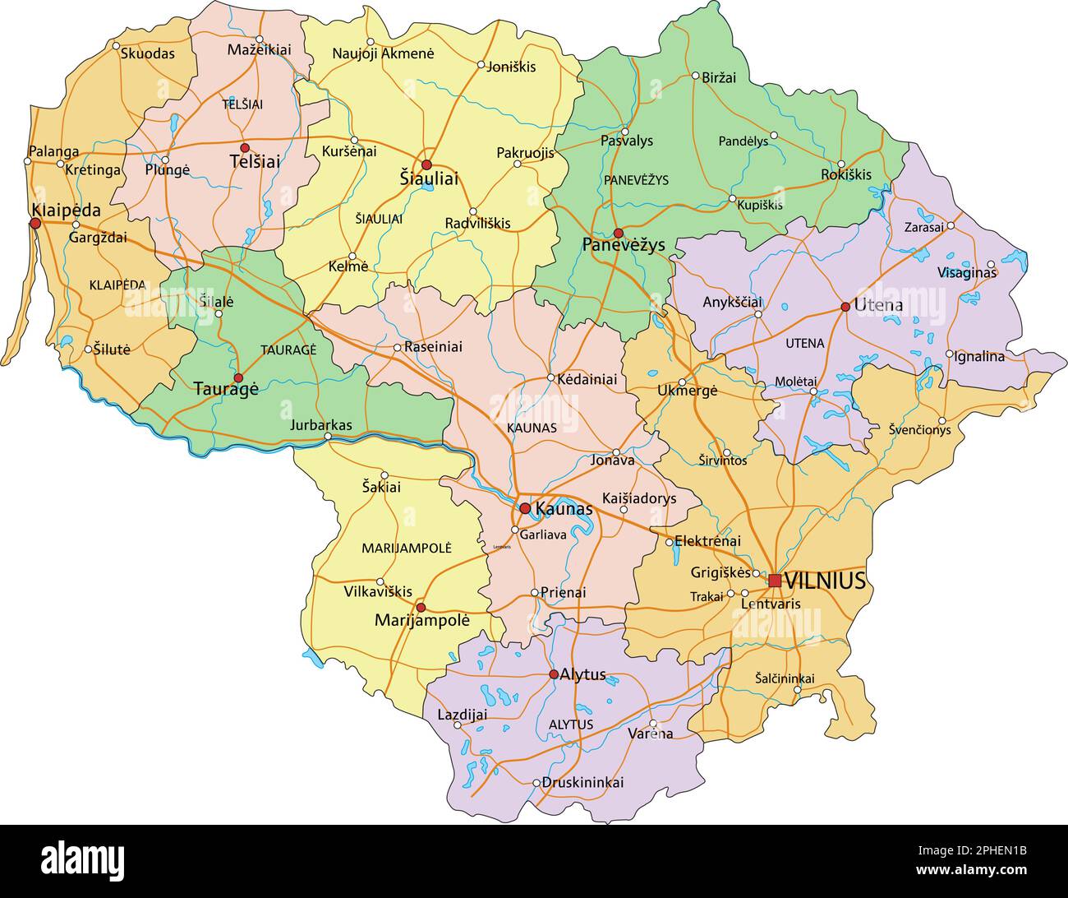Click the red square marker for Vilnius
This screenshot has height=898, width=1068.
[x=775, y=581]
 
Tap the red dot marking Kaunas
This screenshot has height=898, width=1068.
[x=525, y=508]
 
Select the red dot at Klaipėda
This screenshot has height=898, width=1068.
[x=35, y=223]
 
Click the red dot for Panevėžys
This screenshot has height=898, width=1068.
[x=619, y=234]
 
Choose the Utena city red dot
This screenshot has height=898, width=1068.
[x=845, y=307]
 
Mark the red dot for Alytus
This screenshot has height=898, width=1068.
[x=554, y=674]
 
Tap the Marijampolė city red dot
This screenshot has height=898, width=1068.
[x=421, y=608]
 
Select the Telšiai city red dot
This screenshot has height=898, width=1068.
[x=245, y=147]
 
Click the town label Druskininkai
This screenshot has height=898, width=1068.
[x=582, y=782]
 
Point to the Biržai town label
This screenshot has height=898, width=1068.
[x=719, y=77]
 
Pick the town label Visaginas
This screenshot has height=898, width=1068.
[x=966, y=272]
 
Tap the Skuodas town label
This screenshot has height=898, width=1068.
[x=148, y=53]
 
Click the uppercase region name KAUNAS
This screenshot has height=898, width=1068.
[x=532, y=428]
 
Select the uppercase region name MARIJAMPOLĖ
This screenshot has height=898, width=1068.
[x=407, y=548]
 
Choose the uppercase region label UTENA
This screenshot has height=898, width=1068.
[x=805, y=343]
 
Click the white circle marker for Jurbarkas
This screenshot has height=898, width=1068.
[x=329, y=437]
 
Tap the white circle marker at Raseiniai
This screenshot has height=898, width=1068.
[x=398, y=348]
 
